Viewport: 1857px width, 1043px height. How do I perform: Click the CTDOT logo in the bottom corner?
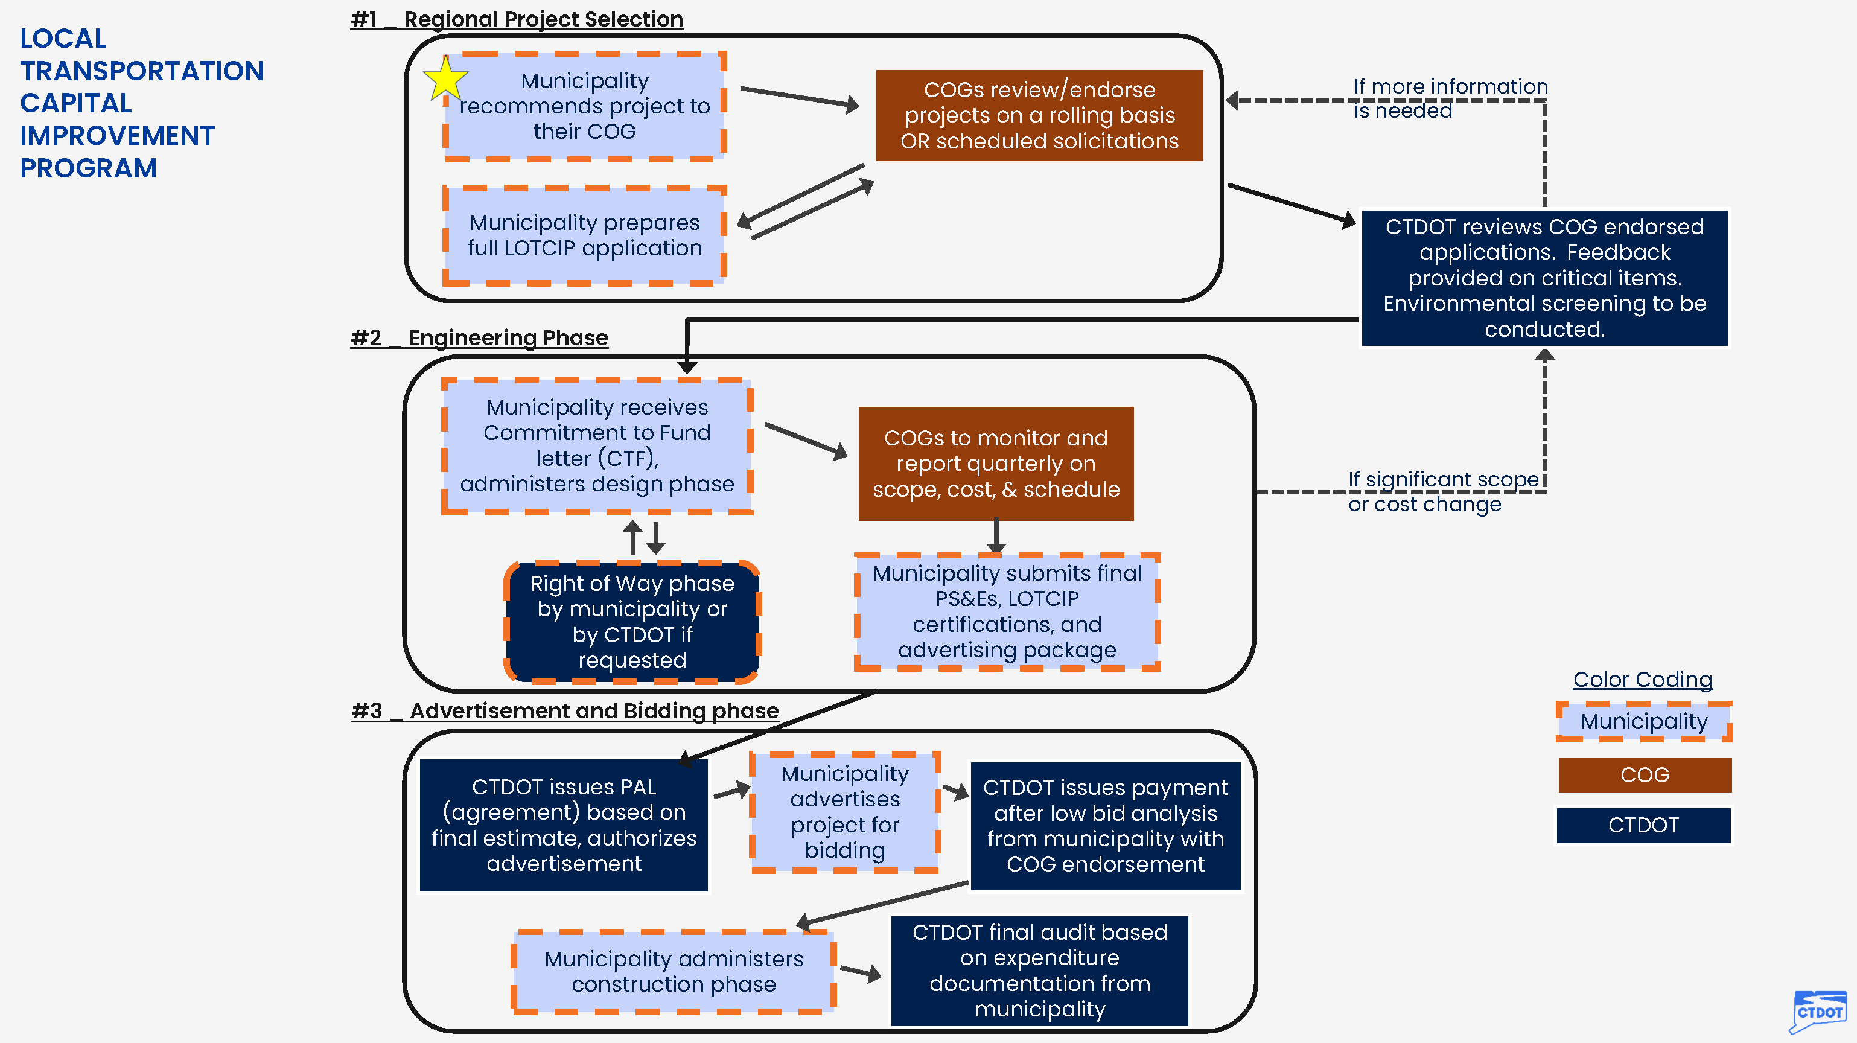1818,1010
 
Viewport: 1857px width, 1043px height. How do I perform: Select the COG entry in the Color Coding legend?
1645,775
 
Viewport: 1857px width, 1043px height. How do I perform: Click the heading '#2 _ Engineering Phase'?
479,337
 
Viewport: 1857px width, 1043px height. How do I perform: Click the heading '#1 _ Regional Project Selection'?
517,19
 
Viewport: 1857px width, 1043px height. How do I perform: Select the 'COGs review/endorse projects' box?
1039,115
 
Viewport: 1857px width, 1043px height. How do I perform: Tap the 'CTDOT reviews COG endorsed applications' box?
1544,278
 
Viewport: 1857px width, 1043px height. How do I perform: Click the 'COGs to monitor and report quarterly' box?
996,464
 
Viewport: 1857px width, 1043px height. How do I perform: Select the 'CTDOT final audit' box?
1039,970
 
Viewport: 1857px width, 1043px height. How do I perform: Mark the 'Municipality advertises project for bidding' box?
844,812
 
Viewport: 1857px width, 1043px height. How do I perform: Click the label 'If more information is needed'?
1449,98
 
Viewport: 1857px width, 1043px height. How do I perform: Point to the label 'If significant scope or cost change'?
1442,491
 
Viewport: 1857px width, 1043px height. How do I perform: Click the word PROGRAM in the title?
88,168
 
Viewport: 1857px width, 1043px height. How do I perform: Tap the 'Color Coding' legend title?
1642,679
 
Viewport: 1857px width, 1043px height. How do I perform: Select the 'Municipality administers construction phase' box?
674,971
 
